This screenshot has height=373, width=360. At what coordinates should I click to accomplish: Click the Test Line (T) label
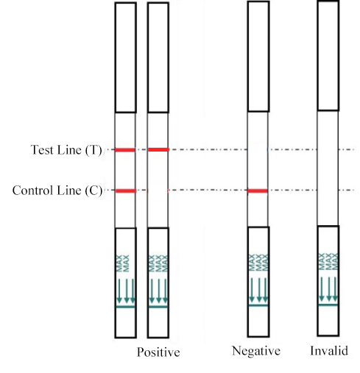tap(66, 149)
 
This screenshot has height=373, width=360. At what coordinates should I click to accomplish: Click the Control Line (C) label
tap(57, 191)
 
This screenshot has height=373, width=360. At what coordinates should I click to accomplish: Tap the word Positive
tap(158, 352)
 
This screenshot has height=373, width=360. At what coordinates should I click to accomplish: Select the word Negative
tap(256, 351)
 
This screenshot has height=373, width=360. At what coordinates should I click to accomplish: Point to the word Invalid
tap(329, 351)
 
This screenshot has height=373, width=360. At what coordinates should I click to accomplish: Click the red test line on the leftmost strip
tap(125, 150)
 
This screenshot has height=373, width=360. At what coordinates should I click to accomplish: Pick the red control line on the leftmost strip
tap(126, 191)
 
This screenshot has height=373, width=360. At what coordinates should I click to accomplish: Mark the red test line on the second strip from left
tap(158, 149)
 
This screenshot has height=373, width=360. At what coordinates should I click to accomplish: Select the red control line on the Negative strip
tap(258, 191)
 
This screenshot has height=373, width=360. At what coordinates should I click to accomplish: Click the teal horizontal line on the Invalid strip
tap(328, 305)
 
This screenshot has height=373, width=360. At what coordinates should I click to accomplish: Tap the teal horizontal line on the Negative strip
tap(258, 305)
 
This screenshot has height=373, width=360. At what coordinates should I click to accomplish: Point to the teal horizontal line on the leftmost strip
tap(125, 307)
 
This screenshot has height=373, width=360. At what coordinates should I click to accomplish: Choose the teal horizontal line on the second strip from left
tap(158, 307)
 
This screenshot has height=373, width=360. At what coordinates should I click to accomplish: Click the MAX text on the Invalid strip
tap(328, 261)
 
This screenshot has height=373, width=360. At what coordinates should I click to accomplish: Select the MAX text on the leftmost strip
tap(122, 263)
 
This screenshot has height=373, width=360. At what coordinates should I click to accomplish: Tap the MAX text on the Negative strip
tap(258, 263)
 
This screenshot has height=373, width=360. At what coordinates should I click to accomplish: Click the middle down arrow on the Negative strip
tap(259, 290)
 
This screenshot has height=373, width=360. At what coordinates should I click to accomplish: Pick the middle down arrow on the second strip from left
tap(158, 291)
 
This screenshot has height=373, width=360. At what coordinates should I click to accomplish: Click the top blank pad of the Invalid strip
tap(328, 56)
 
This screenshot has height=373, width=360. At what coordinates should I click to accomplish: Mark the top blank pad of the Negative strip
tap(258, 57)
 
